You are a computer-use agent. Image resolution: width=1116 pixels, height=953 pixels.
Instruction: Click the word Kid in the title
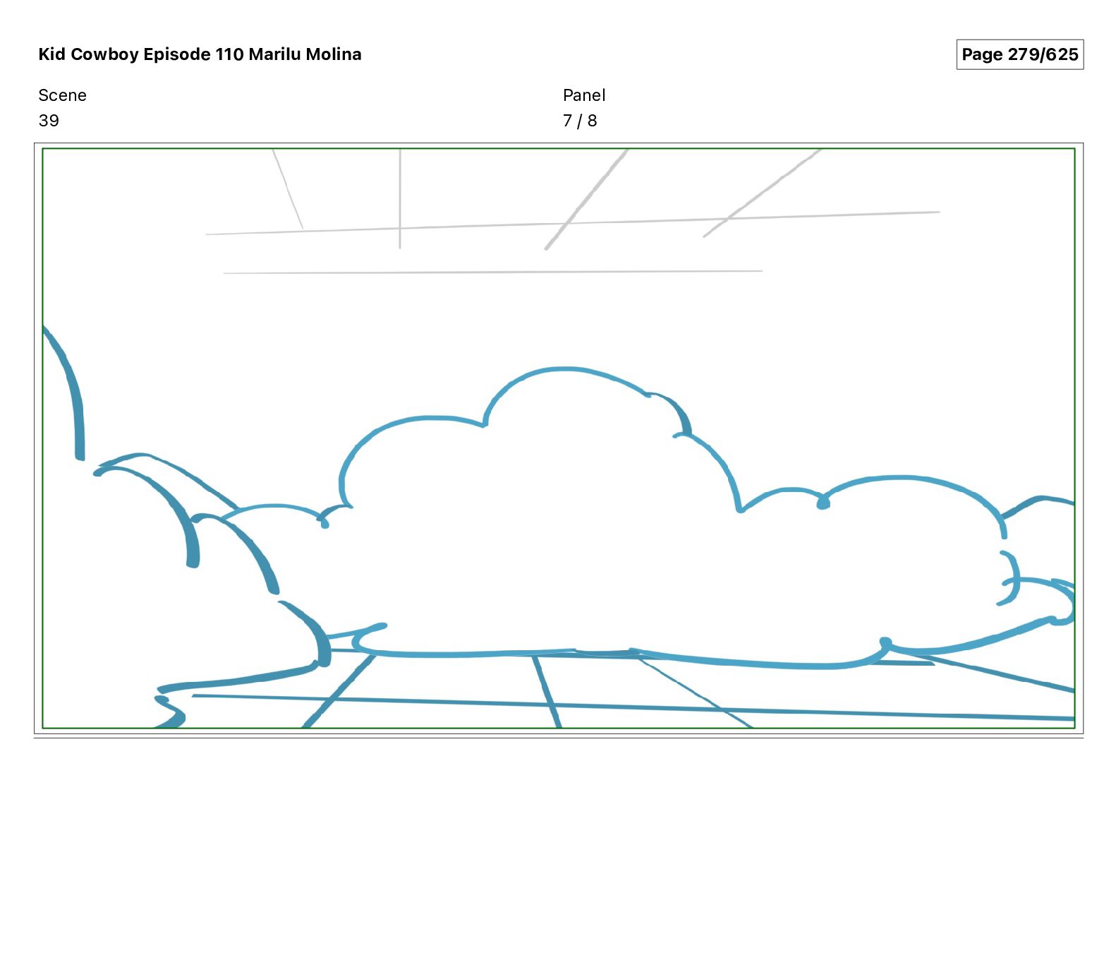[x=51, y=54]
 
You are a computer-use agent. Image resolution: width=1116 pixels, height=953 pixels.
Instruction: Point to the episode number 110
[x=229, y=54]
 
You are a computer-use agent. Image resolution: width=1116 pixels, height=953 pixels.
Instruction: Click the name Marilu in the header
[x=274, y=54]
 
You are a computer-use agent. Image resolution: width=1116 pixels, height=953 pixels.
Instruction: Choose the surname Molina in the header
[x=333, y=54]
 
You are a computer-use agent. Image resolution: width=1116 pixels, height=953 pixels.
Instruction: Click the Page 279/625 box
[x=1019, y=54]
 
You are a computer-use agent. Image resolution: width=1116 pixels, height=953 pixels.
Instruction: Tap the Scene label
[x=62, y=95]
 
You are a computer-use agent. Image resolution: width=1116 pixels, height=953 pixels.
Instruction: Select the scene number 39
[x=49, y=121]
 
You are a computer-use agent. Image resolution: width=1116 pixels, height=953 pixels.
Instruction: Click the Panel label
[x=584, y=95]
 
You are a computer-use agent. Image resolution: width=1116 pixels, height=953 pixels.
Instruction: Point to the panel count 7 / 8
[x=580, y=121]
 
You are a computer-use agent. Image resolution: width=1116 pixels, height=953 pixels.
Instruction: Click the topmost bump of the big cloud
[x=564, y=369]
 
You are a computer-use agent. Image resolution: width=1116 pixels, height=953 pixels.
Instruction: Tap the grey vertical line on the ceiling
[x=400, y=198]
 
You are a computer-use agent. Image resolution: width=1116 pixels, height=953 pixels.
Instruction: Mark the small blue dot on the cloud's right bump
[x=823, y=503]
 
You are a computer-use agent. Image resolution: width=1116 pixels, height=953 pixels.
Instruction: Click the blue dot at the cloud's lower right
[x=885, y=642]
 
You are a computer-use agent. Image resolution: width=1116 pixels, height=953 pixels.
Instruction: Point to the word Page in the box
[x=982, y=54]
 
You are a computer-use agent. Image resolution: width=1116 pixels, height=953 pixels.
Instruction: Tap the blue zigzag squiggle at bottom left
[x=169, y=709]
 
